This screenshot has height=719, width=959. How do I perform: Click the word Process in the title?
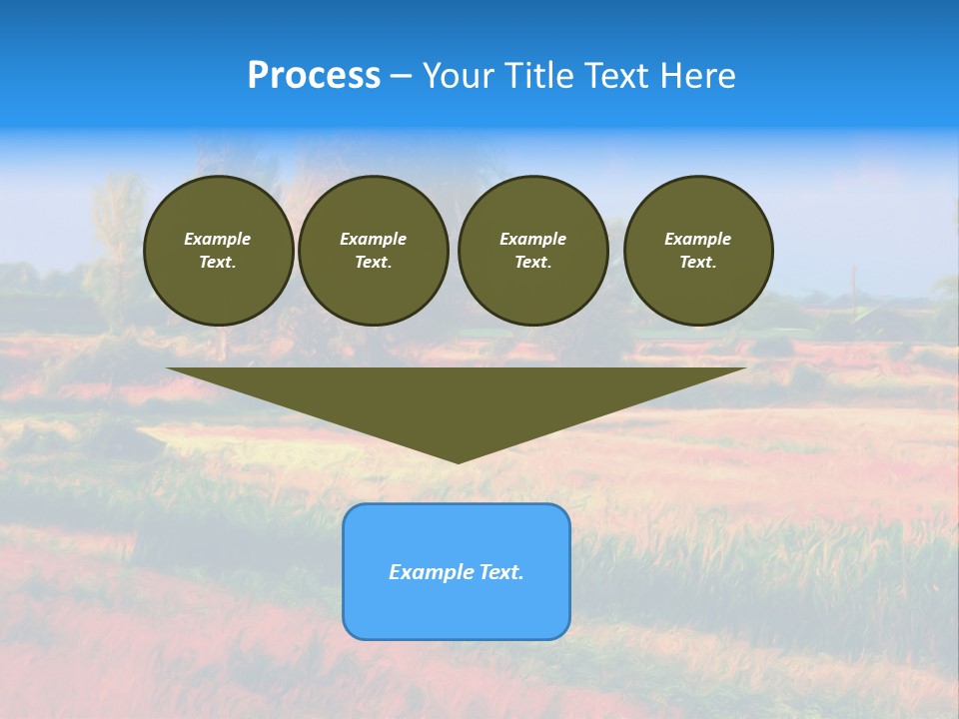314,76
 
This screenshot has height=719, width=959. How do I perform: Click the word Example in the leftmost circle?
218,239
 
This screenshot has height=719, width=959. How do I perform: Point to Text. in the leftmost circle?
218,262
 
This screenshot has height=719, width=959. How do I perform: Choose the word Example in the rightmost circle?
698,239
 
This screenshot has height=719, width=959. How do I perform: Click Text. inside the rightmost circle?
698,262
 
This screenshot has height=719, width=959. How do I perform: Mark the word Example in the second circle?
374,239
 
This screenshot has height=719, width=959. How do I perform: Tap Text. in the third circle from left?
532,262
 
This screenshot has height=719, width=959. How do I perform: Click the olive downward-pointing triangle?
457,399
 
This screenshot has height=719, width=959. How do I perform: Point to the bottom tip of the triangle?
458,460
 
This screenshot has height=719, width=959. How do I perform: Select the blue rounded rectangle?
457,609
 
